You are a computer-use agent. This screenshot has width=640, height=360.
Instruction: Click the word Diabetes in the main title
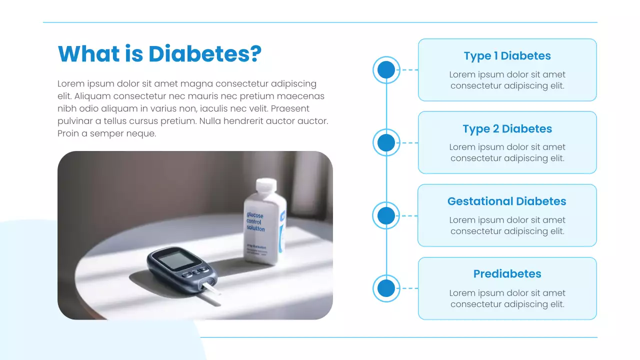pos(205,54)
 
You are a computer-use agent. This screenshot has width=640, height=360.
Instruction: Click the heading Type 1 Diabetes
pos(507,56)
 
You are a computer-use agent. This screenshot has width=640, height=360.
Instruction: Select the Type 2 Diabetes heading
pos(507,129)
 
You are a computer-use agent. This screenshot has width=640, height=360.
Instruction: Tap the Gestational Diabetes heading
pos(507,201)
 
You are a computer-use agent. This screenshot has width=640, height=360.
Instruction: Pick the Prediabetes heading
pos(507,274)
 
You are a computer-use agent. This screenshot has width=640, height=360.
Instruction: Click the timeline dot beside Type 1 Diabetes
pos(386,70)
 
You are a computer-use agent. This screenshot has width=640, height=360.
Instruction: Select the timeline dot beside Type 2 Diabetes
pos(386,143)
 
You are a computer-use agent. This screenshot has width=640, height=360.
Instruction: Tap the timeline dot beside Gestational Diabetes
pos(386,216)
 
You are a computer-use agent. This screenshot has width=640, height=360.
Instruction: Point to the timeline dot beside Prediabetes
pos(386,288)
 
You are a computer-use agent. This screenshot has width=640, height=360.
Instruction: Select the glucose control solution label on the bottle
pos(255,221)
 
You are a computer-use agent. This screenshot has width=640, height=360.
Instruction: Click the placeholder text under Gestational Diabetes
pos(507,225)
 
